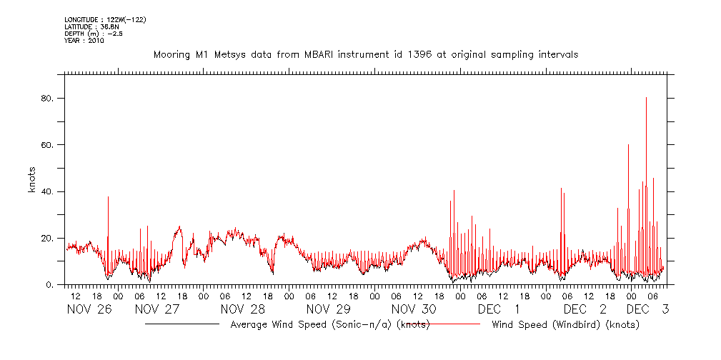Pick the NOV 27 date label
[x=156, y=309]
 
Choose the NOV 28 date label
[x=242, y=309]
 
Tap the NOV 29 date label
[x=328, y=309]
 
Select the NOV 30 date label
[x=414, y=309]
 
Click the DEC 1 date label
[x=499, y=309]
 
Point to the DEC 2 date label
[x=585, y=309]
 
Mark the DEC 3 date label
[x=647, y=309]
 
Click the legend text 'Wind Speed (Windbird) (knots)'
[x=565, y=325]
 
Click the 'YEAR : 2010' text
[x=84, y=41]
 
